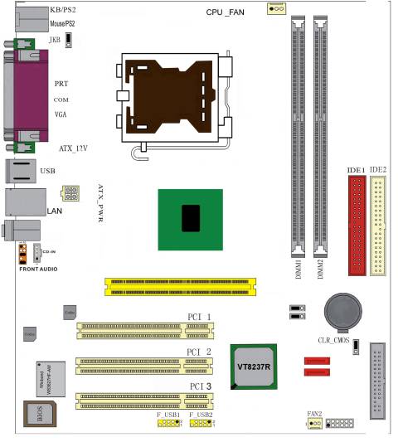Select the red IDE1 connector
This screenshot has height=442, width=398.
[357, 227]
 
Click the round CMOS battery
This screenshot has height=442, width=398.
[341, 311]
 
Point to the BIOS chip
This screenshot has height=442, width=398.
[38, 414]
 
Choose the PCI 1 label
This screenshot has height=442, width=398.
[199, 317]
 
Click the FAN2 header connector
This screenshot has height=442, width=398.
[314, 424]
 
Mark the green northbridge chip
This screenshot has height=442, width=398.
[191, 217]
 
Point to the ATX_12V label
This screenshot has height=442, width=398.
[72, 148]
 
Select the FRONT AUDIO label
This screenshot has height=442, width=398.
[40, 270]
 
